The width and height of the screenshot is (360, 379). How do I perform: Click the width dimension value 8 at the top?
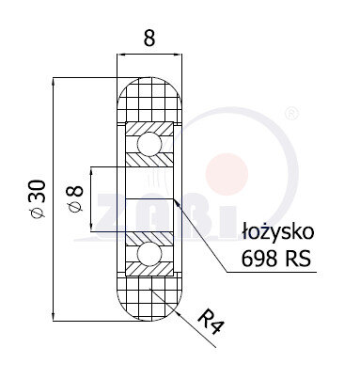click(x=149, y=39)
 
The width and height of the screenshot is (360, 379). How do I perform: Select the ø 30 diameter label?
click(x=37, y=198)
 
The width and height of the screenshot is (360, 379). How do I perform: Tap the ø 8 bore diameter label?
click(x=74, y=199)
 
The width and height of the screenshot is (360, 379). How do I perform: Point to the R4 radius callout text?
click(x=211, y=322)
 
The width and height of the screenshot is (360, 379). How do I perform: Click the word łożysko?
click(x=278, y=232)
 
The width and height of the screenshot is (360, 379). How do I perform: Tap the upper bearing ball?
click(x=149, y=144)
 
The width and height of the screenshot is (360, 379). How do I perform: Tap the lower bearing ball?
click(x=149, y=253)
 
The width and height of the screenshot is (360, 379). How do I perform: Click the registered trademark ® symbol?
click(x=291, y=113)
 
